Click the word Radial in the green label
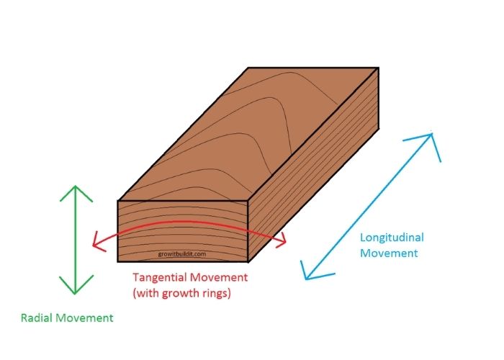tap(37, 318)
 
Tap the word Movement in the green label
tap(84, 318)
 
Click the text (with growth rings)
tap(182, 293)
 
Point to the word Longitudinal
tap(392, 238)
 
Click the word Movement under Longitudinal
tap(389, 253)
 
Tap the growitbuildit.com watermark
tap(182, 254)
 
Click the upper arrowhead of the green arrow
tap(76, 193)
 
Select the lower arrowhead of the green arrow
tap(76, 285)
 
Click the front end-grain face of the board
tap(183, 231)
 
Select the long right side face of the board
tap(313, 165)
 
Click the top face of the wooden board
tap(248, 134)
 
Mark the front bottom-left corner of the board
tap(117, 261)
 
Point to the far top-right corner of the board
tap(378, 68)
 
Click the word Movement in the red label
tap(219, 277)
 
